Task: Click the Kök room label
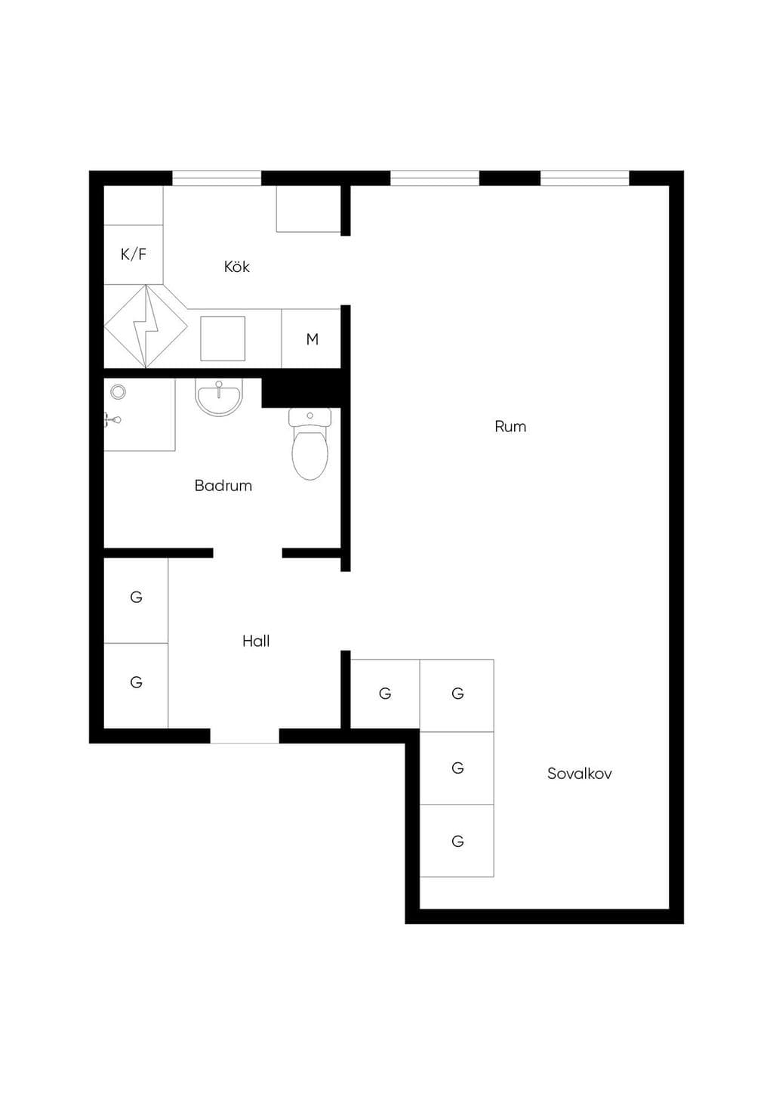pos(237,267)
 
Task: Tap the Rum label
pos(510,427)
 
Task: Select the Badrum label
pos(223,486)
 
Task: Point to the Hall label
pos(256,641)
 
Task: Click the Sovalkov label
pos(579,774)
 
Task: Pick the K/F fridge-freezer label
pos(133,254)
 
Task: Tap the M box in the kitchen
pos(311,338)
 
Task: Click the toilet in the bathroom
pos(310,443)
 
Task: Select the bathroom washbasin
pos(219,397)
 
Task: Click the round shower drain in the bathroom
pos(118,391)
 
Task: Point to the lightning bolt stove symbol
pos(146,326)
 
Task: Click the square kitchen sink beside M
pos(223,338)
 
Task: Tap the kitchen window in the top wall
pos(217,178)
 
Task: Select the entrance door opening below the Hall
pos(245,736)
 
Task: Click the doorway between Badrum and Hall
pos(248,553)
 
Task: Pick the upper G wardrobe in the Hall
pos(136,600)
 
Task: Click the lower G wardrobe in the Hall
pos(136,685)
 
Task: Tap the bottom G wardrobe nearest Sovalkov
pos(457,841)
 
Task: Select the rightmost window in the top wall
pos(584,178)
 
